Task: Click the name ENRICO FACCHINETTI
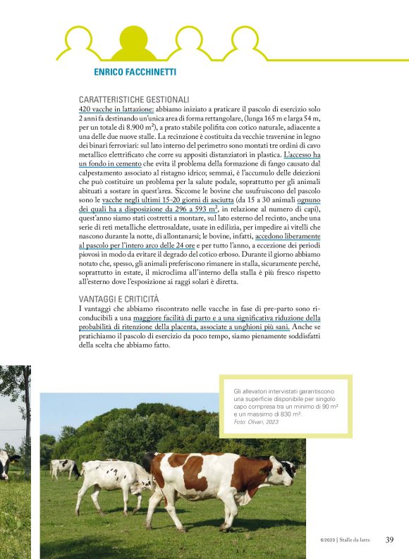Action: tap(135, 72)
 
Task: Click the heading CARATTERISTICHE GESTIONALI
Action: tap(134, 100)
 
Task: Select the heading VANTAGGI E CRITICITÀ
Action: tap(119, 300)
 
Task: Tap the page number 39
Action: tap(389, 540)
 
